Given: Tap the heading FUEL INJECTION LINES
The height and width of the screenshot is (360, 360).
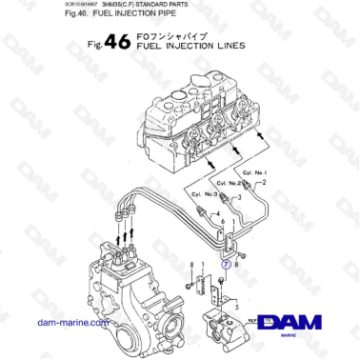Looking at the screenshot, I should tap(190, 45).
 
